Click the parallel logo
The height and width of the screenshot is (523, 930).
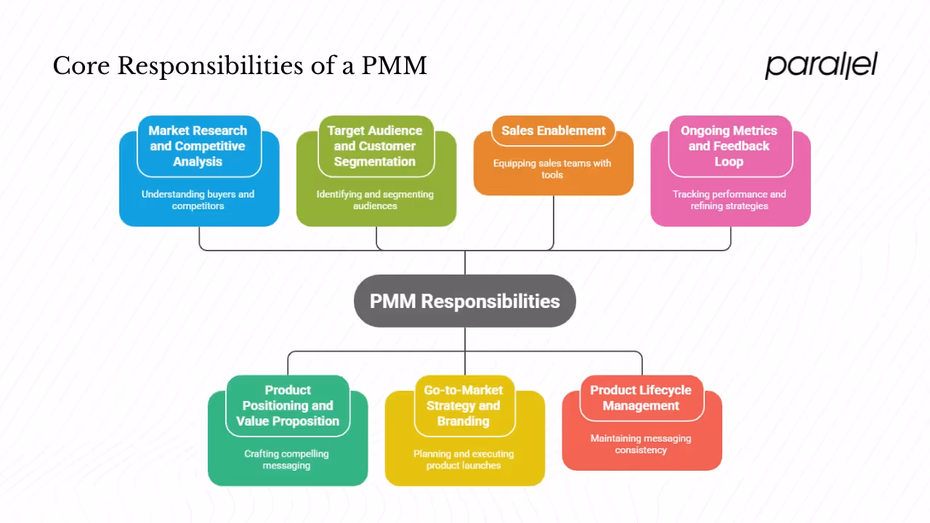pyautogui.click(x=821, y=65)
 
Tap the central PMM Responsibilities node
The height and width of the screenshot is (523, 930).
pyautogui.click(x=465, y=301)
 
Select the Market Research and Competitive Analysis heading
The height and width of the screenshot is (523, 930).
pyautogui.click(x=198, y=146)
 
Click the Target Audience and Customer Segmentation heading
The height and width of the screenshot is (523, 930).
pyautogui.click(x=375, y=146)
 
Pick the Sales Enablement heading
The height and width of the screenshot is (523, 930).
pyautogui.click(x=554, y=131)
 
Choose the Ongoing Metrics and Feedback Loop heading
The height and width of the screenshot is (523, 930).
pyautogui.click(x=729, y=146)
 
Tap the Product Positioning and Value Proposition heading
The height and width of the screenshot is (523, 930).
pyautogui.click(x=288, y=405)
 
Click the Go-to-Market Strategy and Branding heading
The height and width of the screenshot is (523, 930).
pyautogui.click(x=464, y=405)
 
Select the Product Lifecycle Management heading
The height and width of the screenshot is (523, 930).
pyautogui.click(x=641, y=398)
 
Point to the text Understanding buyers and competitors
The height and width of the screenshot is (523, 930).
pyautogui.click(x=198, y=200)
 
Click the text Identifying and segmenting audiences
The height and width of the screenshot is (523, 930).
pyautogui.click(x=375, y=200)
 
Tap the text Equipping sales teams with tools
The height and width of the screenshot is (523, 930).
pyautogui.click(x=552, y=169)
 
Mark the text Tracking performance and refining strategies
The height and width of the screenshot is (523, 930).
pyautogui.click(x=729, y=200)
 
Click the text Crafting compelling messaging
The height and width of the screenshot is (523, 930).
pyautogui.click(x=286, y=459)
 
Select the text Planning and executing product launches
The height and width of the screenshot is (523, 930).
pyautogui.click(x=464, y=459)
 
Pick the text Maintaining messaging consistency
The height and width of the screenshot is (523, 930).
pyautogui.click(x=641, y=444)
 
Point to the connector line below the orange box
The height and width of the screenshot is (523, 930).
pyautogui.click(x=554, y=222)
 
